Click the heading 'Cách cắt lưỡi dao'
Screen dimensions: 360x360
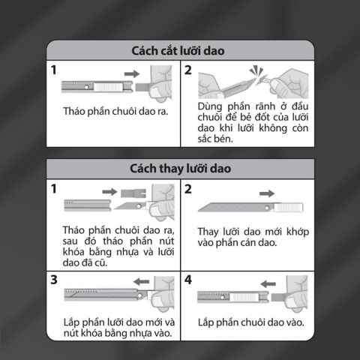(x=178, y=51)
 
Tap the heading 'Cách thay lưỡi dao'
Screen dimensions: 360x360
(x=180, y=169)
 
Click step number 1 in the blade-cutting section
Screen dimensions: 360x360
(x=53, y=70)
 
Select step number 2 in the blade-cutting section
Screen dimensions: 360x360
(x=188, y=70)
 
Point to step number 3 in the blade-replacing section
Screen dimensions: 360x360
(x=54, y=280)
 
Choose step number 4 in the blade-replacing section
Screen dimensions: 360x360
(x=188, y=280)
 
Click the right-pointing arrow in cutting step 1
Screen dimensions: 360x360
(x=132, y=73)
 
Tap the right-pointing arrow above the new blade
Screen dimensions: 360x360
(x=267, y=193)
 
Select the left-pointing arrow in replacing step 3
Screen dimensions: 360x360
(x=141, y=282)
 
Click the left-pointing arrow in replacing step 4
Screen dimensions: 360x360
(x=268, y=284)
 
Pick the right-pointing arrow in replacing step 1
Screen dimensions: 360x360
(x=109, y=192)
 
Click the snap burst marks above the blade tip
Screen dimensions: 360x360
(x=255, y=70)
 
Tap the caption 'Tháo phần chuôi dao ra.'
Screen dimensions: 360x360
(x=115, y=112)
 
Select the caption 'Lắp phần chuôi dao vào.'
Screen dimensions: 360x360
(x=251, y=322)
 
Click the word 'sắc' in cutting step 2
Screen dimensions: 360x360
(x=205, y=139)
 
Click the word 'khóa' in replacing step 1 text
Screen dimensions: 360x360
(x=73, y=252)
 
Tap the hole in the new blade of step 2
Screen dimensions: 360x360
(x=267, y=208)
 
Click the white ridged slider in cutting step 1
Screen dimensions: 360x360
(x=108, y=87)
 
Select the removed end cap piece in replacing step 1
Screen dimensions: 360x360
(x=133, y=193)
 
